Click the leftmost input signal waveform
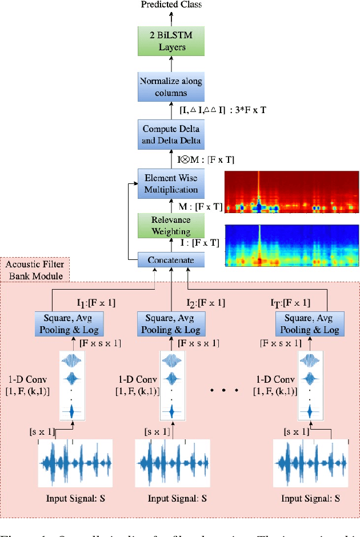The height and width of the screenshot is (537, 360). (74, 463)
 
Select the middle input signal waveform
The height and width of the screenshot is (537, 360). (172, 463)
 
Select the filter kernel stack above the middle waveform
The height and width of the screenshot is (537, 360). (170, 386)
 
